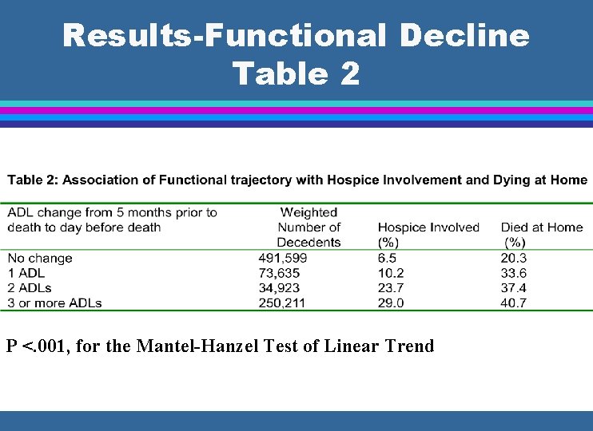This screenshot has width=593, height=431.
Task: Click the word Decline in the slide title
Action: [x=464, y=36]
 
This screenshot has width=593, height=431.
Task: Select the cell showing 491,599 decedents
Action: [x=283, y=258]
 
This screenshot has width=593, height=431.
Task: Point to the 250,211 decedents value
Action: [x=283, y=302]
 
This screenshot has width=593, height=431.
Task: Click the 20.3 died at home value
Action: [x=513, y=258]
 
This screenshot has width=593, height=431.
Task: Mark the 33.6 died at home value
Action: [x=513, y=273]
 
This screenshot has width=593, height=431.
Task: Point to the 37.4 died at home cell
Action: [x=513, y=288]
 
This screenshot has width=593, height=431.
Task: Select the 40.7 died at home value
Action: [x=513, y=302]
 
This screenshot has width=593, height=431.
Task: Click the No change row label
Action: [x=40, y=258]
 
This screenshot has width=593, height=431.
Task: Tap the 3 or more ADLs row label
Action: [x=55, y=302]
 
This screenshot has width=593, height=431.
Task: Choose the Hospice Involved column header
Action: [x=428, y=227]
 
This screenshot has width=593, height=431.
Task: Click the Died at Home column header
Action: [x=542, y=227]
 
